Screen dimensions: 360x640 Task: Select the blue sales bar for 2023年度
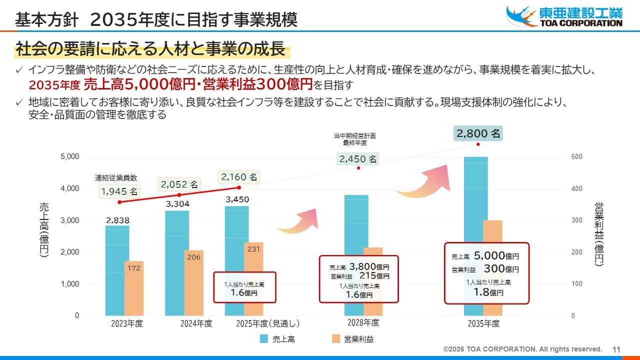[117, 270]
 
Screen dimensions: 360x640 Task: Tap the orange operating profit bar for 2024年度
[193, 283]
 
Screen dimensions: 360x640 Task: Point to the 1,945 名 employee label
[119, 191]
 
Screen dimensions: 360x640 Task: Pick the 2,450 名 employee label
[358, 159]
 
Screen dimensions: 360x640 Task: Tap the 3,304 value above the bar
[177, 203]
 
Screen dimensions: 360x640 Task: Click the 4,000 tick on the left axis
[69, 188]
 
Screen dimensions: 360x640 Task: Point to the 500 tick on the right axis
[576, 157]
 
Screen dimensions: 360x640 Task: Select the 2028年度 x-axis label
[363, 322]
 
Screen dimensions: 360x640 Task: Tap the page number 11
[616, 349]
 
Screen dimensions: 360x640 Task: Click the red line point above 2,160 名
[238, 187]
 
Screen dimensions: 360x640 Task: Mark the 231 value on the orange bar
[253, 249]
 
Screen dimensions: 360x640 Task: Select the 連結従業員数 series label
[116, 177]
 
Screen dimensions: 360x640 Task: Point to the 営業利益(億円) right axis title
[599, 233]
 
